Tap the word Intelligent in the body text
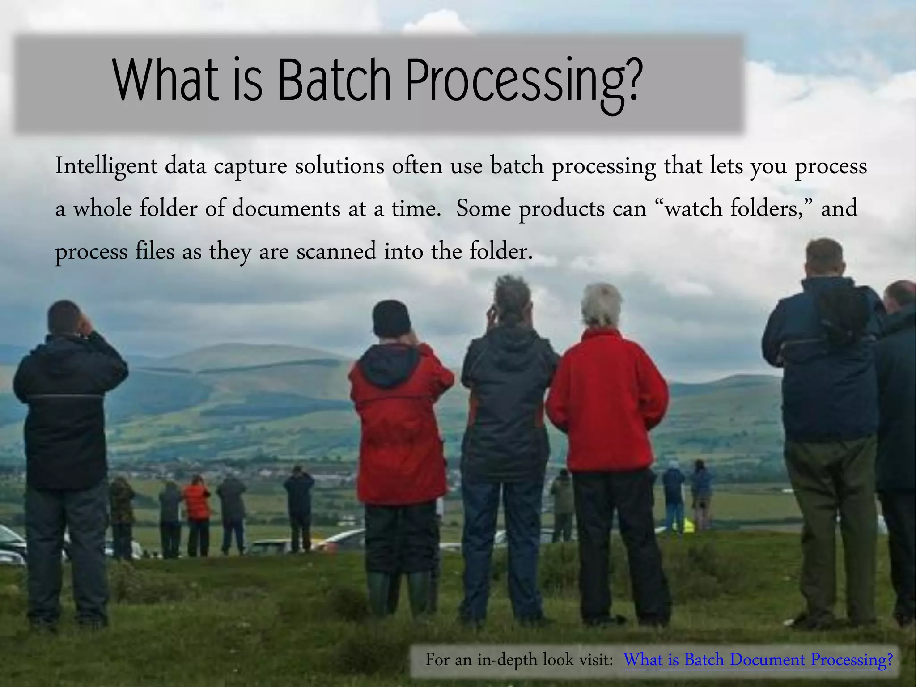point(106,166)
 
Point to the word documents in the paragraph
point(286,209)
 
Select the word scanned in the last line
point(336,251)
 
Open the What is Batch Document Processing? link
point(758,660)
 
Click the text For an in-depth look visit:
point(519,660)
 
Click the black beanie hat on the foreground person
point(391,318)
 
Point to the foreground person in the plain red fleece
point(607,403)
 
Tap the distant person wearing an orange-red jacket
point(197,501)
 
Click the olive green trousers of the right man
point(832,514)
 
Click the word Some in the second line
point(483,209)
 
